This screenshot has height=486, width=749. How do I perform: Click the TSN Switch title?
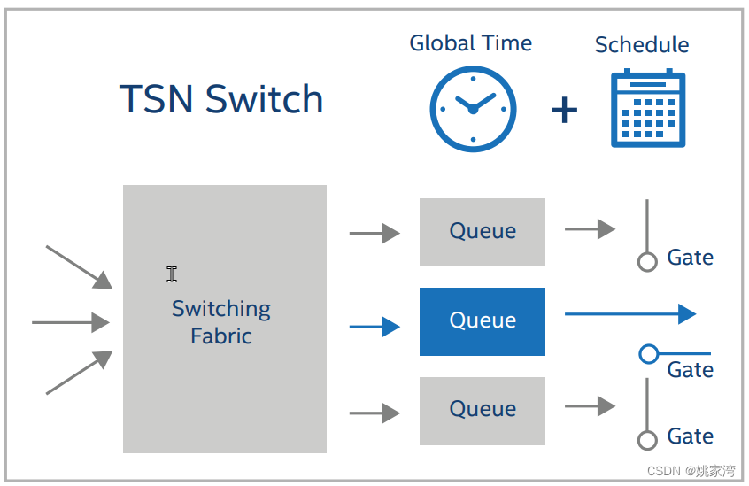click(x=221, y=99)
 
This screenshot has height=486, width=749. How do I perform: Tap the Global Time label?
click(x=470, y=42)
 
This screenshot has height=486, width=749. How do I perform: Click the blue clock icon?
click(x=473, y=109)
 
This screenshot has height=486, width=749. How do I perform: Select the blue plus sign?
click(x=564, y=110)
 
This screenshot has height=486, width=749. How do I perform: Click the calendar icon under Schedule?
click(x=648, y=109)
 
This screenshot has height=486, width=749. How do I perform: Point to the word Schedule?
click(x=642, y=44)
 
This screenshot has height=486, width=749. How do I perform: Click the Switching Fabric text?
click(x=221, y=322)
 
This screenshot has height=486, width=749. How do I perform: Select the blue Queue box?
click(x=483, y=320)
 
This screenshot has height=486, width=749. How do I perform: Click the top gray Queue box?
click(x=483, y=232)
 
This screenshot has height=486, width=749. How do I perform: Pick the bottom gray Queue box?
click(x=483, y=409)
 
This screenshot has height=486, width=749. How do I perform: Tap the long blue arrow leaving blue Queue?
click(x=629, y=313)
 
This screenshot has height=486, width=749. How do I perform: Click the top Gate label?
click(x=691, y=258)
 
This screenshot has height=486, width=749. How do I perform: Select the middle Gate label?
click(x=691, y=369)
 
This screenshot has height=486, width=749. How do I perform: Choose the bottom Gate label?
click(x=691, y=436)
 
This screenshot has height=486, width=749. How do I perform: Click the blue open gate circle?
click(x=648, y=354)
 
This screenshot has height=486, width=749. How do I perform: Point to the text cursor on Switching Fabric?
click(x=172, y=274)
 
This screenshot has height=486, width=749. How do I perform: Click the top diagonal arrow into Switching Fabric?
click(x=79, y=266)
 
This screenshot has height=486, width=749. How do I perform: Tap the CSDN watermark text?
click(x=691, y=471)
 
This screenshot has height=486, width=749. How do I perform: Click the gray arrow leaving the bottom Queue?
click(x=590, y=406)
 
